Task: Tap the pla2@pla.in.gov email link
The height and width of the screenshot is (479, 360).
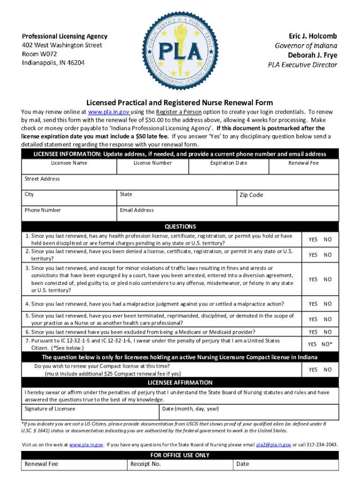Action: click(274, 444)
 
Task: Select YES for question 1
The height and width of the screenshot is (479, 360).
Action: click(313, 239)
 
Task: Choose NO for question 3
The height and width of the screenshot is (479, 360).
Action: click(328, 279)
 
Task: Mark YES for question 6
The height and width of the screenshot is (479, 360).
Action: click(313, 332)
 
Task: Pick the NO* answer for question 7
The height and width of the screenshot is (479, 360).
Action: click(327, 344)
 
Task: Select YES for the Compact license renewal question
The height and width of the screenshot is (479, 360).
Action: click(313, 370)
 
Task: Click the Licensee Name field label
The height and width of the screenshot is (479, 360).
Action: click(69, 163)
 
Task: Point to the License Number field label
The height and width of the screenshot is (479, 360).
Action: click(152, 163)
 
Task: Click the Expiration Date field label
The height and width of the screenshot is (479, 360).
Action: click(229, 163)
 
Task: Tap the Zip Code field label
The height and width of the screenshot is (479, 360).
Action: click(251, 195)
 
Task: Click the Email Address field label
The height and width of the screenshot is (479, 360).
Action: click(137, 210)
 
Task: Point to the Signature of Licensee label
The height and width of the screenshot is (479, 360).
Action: click(50, 409)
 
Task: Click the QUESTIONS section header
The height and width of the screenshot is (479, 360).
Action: click(180, 226)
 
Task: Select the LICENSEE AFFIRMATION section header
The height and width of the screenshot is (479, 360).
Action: click(180, 383)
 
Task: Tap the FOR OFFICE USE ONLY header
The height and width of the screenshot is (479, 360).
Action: click(180, 455)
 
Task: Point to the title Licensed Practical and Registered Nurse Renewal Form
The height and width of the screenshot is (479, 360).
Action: click(180, 102)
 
